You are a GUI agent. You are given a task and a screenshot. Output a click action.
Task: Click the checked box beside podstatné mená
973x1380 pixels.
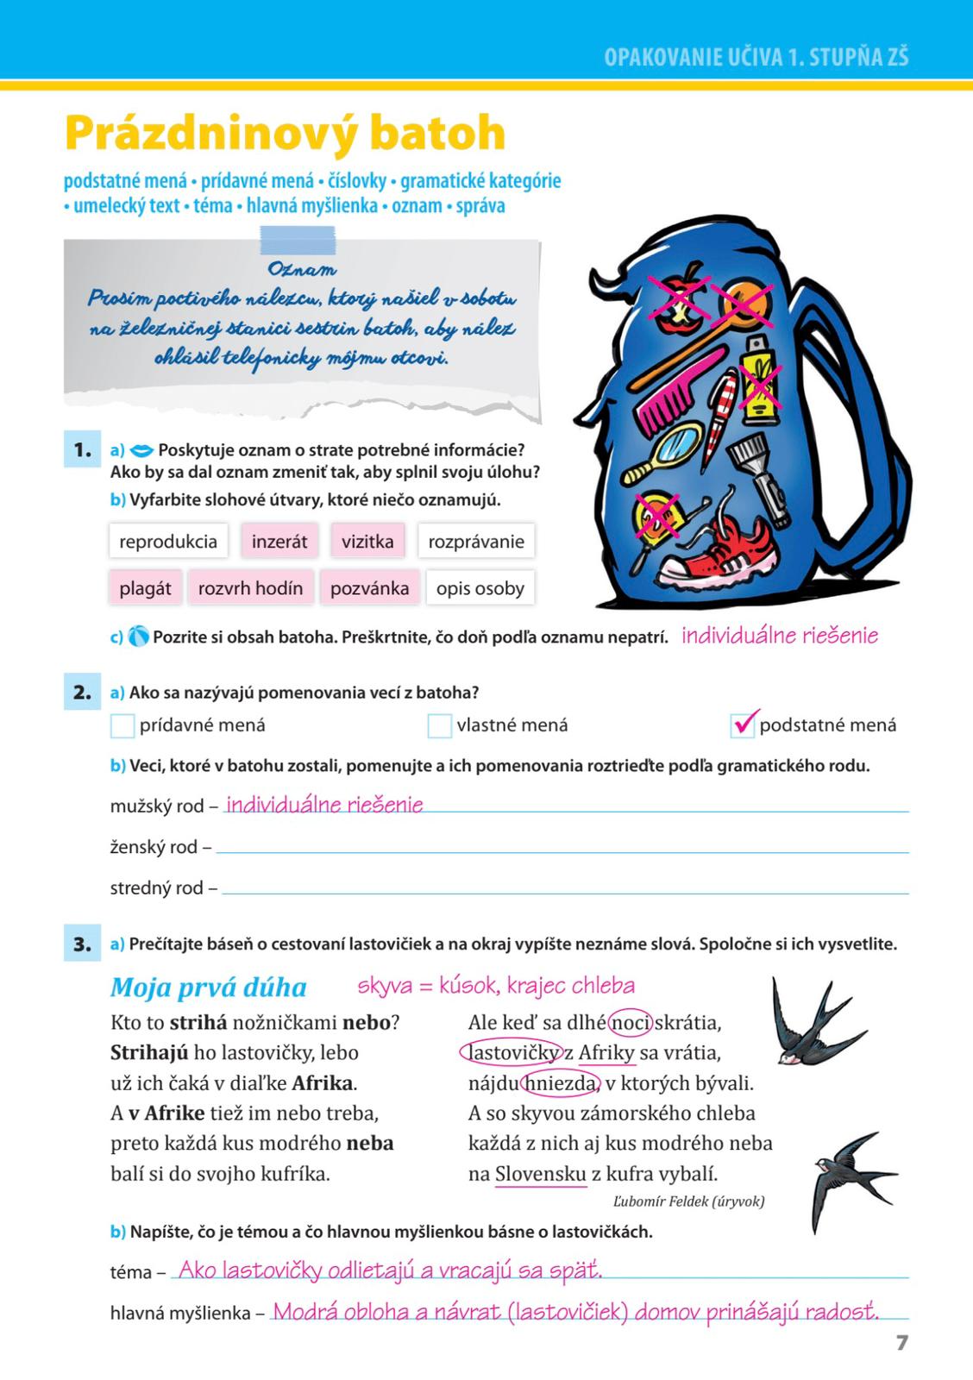[743, 725]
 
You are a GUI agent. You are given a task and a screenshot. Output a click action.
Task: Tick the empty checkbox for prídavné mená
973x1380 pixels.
[122, 726]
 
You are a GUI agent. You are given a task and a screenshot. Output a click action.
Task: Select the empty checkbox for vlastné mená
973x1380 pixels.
[439, 726]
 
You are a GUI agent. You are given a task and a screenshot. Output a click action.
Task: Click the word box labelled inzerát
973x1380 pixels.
[279, 542]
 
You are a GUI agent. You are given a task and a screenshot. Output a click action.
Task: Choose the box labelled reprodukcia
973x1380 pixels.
[168, 542]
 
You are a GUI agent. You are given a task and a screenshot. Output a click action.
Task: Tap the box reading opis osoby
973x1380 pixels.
[480, 588]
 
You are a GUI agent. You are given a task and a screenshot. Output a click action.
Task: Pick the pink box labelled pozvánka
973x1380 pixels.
[369, 588]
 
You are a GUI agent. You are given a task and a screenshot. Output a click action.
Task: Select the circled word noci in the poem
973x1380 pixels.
[631, 1023]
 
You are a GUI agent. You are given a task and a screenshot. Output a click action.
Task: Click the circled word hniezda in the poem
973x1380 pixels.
[562, 1083]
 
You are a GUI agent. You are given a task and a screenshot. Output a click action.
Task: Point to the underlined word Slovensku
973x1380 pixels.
[541, 1174]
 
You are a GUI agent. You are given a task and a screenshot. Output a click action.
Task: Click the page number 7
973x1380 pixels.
[902, 1343]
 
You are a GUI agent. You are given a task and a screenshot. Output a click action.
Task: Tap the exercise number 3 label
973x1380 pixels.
[82, 944]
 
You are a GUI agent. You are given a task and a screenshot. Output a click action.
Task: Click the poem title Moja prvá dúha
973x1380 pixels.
[209, 988]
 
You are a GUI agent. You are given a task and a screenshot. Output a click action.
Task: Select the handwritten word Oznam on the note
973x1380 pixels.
[302, 270]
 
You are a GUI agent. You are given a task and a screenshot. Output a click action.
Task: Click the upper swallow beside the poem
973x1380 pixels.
[807, 1021]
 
